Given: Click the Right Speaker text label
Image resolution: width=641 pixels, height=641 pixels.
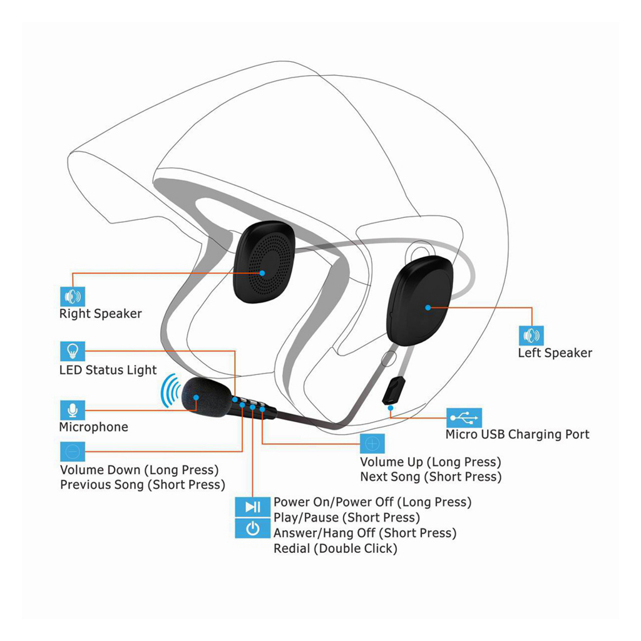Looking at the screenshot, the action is point(101,314).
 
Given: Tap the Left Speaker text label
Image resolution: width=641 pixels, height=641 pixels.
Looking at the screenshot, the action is point(555,353).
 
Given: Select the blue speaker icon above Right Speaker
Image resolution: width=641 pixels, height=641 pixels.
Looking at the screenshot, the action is point(73,296).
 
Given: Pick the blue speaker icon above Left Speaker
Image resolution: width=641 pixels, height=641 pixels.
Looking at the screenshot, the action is point(531,336).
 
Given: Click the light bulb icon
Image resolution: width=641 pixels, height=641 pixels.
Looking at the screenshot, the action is point(73,351).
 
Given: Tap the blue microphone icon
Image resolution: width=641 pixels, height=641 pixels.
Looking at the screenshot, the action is point(73,410).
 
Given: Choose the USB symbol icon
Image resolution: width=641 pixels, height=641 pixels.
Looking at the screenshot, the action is point(464,418).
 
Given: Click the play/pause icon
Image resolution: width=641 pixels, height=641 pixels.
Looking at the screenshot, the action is point(253,507).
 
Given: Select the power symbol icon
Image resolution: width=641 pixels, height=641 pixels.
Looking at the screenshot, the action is point(253,528).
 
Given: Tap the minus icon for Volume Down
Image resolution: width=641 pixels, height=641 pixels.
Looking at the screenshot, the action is point(73,452).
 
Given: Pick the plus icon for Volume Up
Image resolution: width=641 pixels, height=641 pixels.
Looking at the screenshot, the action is point(372,444).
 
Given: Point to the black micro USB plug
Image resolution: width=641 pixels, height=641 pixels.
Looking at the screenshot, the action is point(394,391).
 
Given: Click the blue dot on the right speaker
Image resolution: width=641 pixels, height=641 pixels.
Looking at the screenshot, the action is point(262,273).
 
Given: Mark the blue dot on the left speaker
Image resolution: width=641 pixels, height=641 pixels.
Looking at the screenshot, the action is point(428,307).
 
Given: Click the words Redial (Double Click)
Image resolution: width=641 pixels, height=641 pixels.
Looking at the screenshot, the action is point(336,548).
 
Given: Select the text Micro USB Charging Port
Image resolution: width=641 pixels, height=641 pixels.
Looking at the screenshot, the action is point(518,434).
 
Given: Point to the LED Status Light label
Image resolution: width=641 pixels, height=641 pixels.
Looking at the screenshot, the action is point(108,371).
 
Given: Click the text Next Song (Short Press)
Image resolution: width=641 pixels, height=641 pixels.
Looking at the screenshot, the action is point(431,477).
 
